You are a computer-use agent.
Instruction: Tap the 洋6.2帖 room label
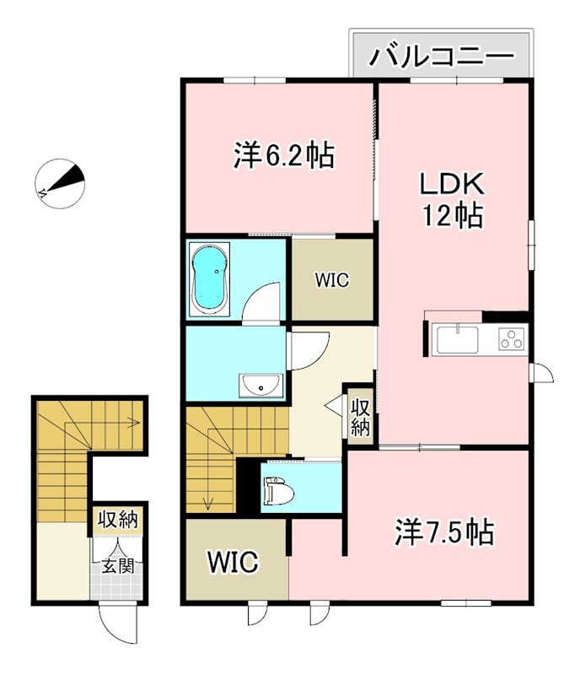[x=284, y=156]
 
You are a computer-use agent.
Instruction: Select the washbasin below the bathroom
[x=260, y=386]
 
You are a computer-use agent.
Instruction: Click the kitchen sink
[x=456, y=341]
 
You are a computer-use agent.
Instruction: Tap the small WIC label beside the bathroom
[x=332, y=280]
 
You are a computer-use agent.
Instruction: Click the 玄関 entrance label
[x=119, y=566]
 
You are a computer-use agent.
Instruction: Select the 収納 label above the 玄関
[x=117, y=520]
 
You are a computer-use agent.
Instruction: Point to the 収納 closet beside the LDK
[x=361, y=415]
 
